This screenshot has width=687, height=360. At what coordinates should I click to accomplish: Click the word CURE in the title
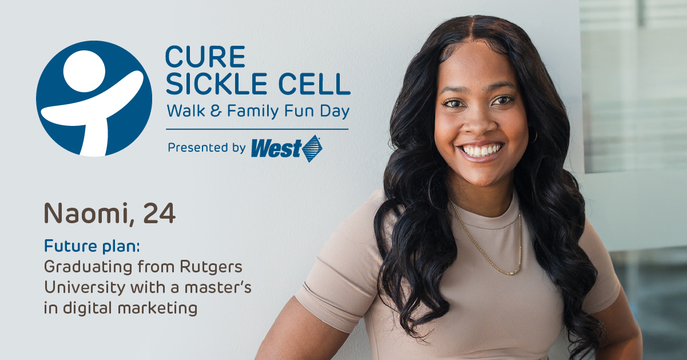coord(205,57)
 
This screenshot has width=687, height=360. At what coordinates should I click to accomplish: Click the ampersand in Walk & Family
coord(216,111)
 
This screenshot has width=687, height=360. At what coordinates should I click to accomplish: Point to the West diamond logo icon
coord(312,149)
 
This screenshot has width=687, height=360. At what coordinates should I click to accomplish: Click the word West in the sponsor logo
coord(276,149)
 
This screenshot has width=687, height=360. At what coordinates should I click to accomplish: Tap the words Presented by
coord(207,148)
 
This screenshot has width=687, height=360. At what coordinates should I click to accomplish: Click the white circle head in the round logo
coord(84,71)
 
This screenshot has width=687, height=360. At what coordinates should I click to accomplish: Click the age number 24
coord(159,213)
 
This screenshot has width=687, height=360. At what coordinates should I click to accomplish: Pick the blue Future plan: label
coord(92,246)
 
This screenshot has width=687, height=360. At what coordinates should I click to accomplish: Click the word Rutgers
coord(211,267)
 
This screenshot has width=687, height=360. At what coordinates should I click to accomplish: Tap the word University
coord(85,288)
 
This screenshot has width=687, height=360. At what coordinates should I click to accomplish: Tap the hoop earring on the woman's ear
coord(535,137)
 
